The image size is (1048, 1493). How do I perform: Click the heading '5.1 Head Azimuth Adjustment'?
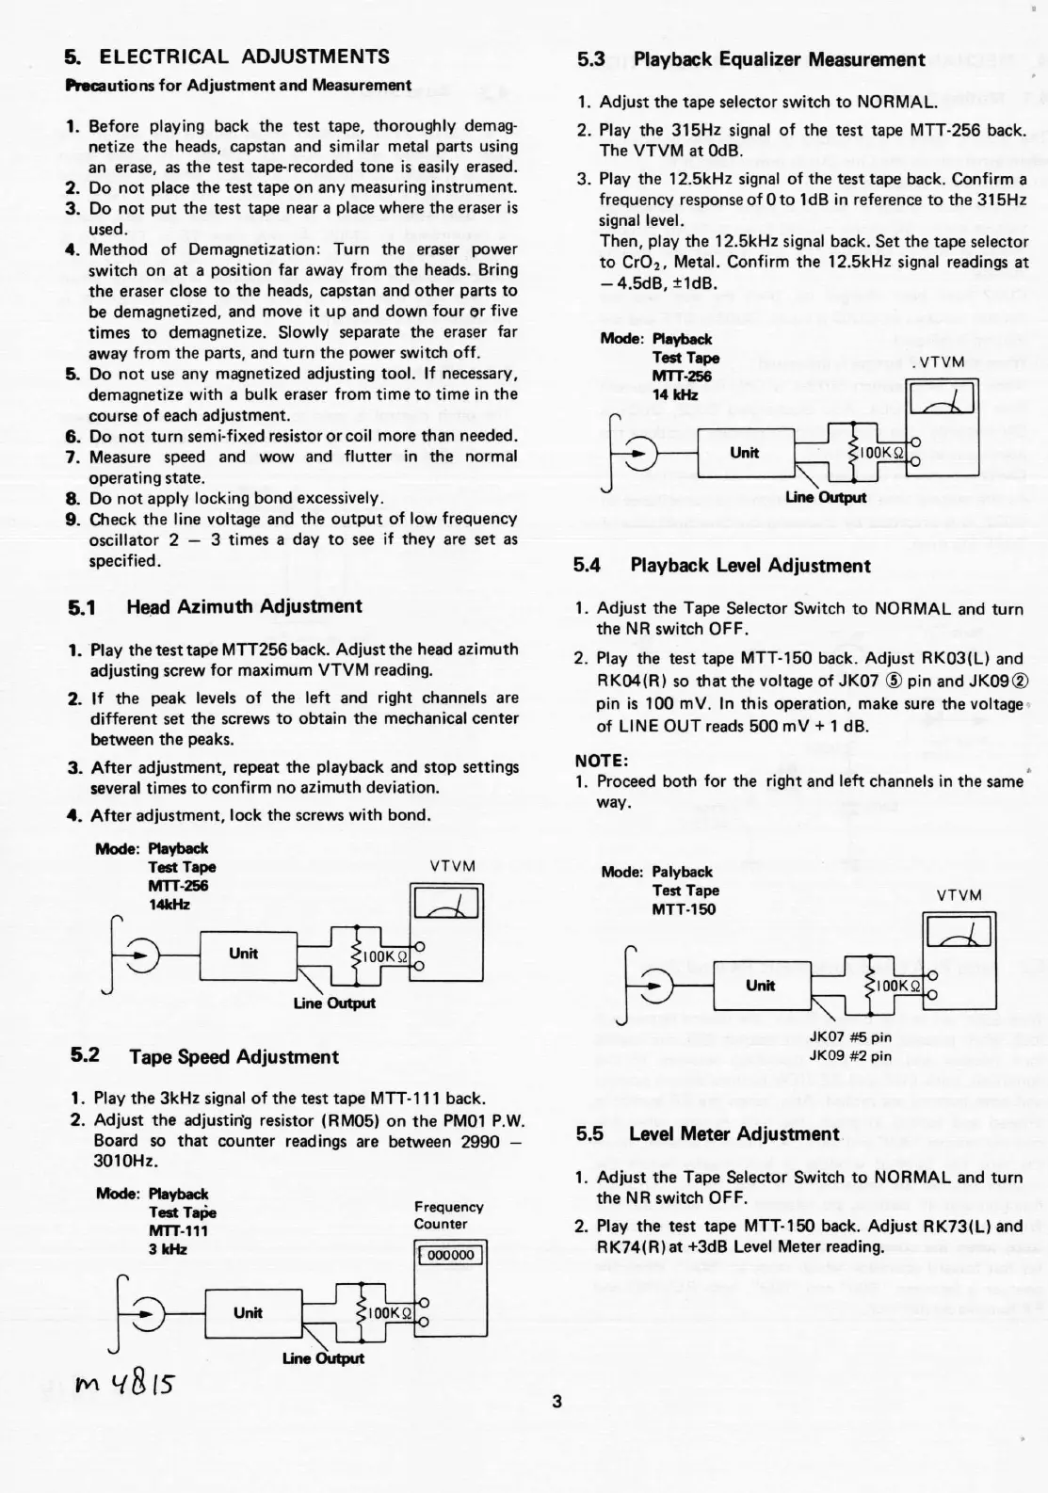216,606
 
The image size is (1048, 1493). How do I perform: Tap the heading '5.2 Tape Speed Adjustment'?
205,1056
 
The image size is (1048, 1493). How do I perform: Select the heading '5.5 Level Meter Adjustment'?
707,1133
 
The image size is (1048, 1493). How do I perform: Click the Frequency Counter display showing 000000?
450,1255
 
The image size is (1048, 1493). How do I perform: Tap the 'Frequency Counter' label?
448,1215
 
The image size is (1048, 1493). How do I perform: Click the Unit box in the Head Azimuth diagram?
243,954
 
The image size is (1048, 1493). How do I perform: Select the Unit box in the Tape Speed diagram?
248,1312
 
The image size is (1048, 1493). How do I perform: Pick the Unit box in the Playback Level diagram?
760,986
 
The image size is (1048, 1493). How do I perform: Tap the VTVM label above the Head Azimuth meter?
452,866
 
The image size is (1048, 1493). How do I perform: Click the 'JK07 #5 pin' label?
850,1037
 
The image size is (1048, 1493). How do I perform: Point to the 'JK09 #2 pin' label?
850,1055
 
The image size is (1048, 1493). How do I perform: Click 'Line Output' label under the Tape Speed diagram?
323,1357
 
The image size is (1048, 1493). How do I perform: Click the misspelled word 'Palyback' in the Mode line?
682,872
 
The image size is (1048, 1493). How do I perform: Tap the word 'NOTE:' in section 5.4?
601,760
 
